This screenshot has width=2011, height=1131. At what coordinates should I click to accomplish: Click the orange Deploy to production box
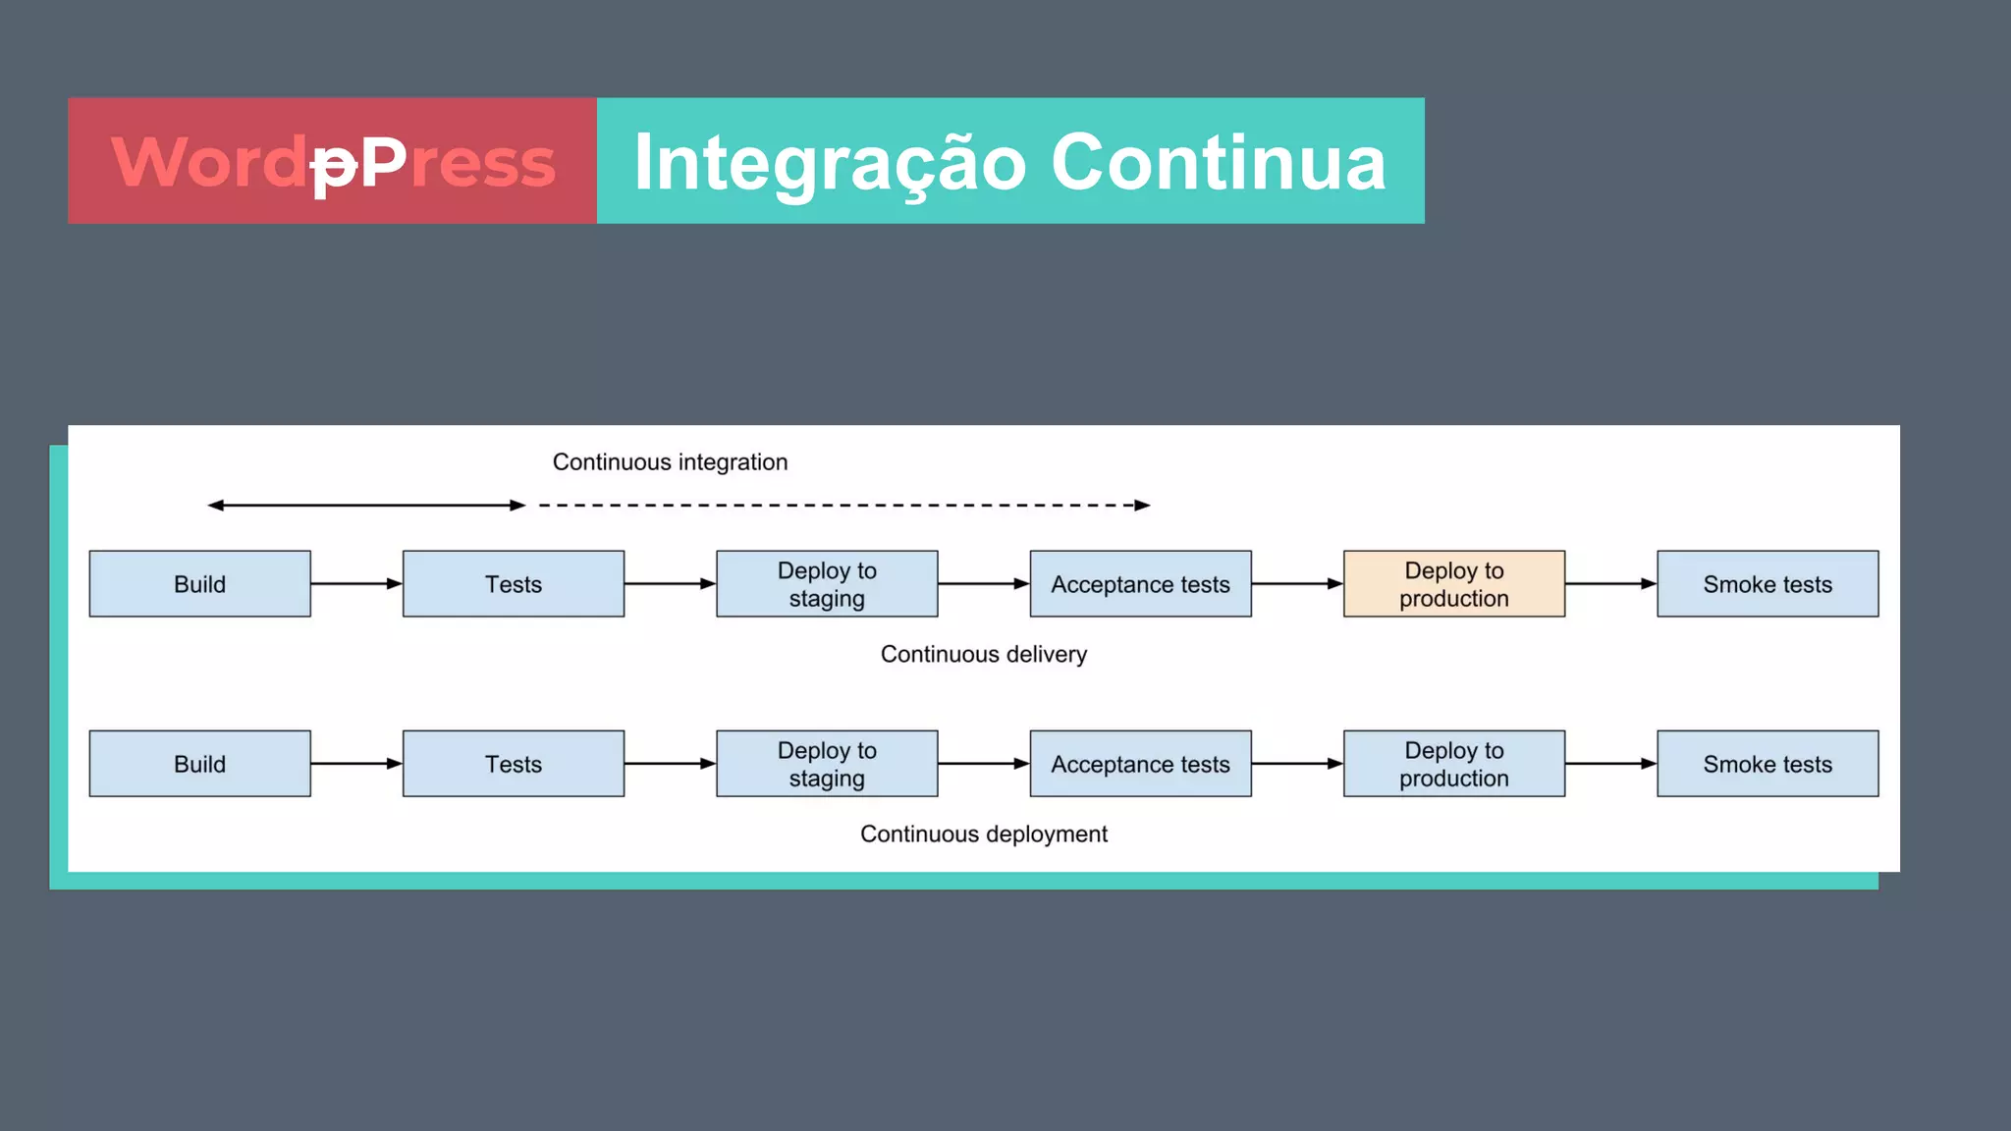1453,583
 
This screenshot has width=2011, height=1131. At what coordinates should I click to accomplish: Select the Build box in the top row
199,583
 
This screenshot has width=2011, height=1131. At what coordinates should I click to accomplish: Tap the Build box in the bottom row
199,763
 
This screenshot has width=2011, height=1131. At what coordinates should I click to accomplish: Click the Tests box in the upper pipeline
513,583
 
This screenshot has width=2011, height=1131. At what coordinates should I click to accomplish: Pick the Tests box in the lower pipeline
513,763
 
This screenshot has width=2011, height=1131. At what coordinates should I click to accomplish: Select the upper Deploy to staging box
826,583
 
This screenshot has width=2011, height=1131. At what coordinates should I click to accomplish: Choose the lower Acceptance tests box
1140,763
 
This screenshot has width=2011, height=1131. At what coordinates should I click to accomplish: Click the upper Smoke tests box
1767,583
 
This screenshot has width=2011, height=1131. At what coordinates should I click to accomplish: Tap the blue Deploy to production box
1453,763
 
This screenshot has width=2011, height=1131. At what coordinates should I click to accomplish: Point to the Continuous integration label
670,461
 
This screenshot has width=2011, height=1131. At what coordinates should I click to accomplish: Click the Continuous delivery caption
983,654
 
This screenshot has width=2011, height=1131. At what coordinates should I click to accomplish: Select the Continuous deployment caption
983,834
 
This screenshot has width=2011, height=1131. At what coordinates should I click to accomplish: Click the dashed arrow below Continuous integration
844,505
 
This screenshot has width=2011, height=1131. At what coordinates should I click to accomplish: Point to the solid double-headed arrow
366,505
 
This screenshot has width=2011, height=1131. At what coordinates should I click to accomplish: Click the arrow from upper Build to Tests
355,583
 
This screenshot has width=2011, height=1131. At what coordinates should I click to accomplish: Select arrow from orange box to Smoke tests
1610,583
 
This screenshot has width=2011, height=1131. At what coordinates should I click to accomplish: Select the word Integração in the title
830,162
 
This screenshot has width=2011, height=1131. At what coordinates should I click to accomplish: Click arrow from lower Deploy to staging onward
983,763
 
